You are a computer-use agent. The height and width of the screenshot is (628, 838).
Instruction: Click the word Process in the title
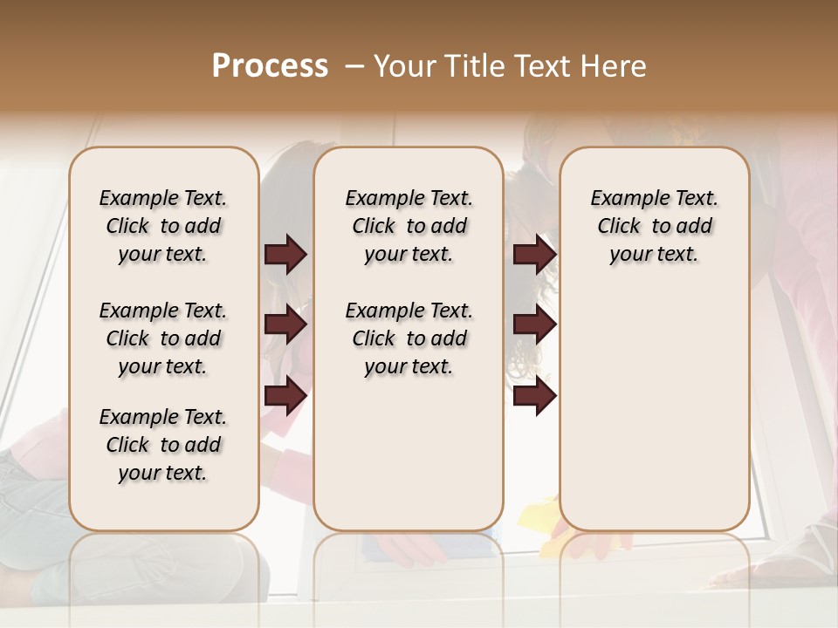click(270, 66)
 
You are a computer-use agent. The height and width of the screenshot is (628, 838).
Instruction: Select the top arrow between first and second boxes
click(285, 254)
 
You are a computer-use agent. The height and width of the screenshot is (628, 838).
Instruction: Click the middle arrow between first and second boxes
click(285, 325)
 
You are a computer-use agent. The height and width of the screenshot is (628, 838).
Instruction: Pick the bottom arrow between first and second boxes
click(285, 396)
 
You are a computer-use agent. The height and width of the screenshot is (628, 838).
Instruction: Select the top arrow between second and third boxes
click(534, 254)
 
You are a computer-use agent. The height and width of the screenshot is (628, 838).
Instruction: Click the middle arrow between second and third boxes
click(534, 325)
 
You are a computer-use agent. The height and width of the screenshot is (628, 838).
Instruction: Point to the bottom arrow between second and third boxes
click(534, 396)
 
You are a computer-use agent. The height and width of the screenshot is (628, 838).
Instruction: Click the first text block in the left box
click(163, 226)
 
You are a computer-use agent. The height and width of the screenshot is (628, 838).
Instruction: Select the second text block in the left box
click(163, 338)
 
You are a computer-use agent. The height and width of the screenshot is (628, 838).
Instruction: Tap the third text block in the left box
click(163, 445)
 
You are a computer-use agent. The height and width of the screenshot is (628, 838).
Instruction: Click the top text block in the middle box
click(409, 226)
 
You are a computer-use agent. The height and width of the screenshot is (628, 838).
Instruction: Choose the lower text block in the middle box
click(409, 338)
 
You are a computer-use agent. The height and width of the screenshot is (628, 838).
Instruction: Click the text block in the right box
click(654, 226)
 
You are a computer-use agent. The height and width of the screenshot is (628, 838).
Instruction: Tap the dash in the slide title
click(354, 66)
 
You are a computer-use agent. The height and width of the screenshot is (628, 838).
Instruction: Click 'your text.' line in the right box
click(654, 255)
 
